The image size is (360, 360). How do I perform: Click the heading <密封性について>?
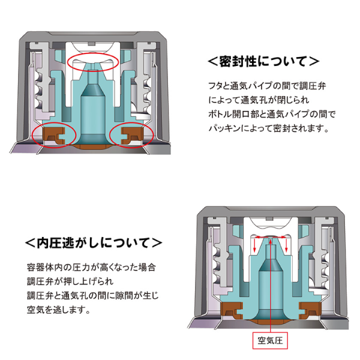coord(263,61)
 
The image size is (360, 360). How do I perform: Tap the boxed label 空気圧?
coord(271,340)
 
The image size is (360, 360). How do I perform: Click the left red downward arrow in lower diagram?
coord(254,245)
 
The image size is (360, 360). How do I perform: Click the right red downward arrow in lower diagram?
coord(287,245)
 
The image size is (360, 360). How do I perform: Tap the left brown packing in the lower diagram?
coord(232,311)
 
